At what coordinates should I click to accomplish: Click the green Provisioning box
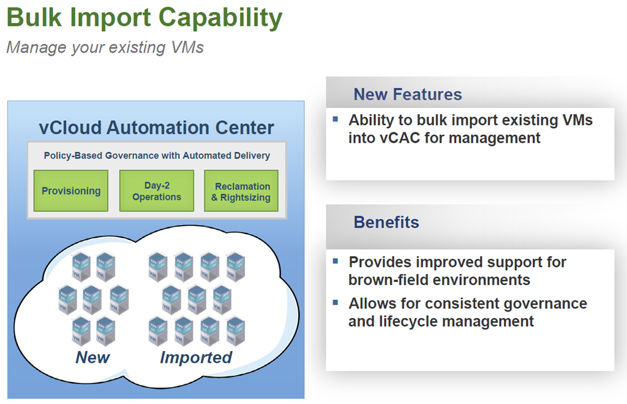click(x=71, y=191)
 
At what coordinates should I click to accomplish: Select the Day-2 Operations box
click(x=157, y=191)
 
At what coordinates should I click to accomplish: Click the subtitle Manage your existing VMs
click(x=105, y=47)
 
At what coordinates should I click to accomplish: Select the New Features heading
click(x=408, y=94)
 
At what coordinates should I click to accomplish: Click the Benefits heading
click(x=386, y=222)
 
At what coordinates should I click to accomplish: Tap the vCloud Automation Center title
click(x=157, y=128)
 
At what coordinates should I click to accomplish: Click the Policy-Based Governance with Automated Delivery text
click(x=157, y=156)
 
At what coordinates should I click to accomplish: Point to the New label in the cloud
click(x=92, y=357)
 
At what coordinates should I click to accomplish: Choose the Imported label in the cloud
click(x=196, y=357)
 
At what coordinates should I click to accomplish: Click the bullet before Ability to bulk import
click(x=335, y=118)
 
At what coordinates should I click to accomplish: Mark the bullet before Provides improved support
click(x=335, y=261)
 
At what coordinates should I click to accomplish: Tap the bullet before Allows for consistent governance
click(x=335, y=302)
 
